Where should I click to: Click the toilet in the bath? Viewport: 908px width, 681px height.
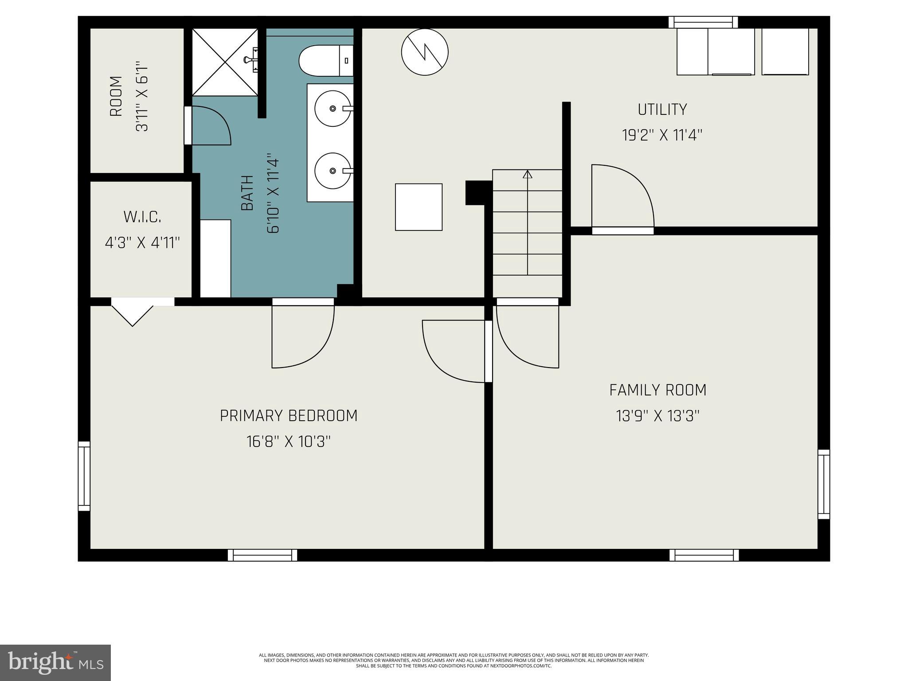pyautogui.click(x=325, y=61)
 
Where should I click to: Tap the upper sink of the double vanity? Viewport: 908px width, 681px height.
pyautogui.click(x=333, y=109)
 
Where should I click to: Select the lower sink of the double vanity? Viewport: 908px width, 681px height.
pyautogui.click(x=333, y=171)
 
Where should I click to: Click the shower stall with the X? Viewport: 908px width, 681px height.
pyautogui.click(x=225, y=62)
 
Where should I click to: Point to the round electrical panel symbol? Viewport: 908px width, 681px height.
pyautogui.click(x=425, y=52)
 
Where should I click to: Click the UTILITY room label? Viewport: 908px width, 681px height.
pyautogui.click(x=662, y=110)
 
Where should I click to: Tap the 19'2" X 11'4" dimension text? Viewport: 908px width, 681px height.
pyautogui.click(x=662, y=135)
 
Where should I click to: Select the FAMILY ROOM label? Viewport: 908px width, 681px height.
pyautogui.click(x=658, y=390)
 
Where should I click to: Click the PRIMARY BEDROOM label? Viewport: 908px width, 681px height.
pyautogui.click(x=289, y=416)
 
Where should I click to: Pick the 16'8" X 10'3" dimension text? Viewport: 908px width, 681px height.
pyautogui.click(x=289, y=442)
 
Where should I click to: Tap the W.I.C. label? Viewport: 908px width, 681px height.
pyautogui.click(x=142, y=217)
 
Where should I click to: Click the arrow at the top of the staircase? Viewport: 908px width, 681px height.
pyautogui.click(x=527, y=174)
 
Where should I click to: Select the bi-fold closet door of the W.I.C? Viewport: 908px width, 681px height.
pyautogui.click(x=133, y=312)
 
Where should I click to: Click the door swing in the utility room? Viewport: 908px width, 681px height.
pyautogui.click(x=622, y=197)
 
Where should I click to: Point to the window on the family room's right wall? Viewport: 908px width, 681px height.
pyautogui.click(x=823, y=484)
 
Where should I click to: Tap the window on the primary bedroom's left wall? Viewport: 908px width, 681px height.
pyautogui.click(x=84, y=476)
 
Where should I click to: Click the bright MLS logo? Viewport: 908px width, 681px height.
pyautogui.click(x=55, y=662)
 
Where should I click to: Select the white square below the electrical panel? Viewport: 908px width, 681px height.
pyautogui.click(x=419, y=207)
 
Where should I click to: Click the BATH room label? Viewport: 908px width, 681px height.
pyautogui.click(x=247, y=193)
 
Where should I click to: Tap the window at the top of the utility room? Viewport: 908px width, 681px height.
pyautogui.click(x=703, y=22)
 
